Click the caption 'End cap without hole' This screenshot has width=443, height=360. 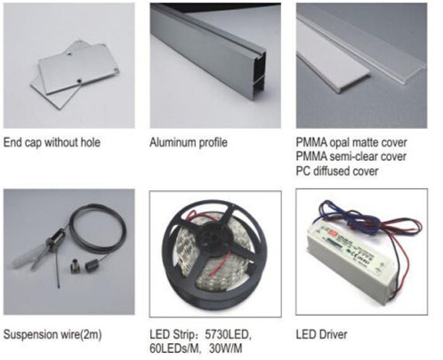pyautogui.click(x=52, y=142)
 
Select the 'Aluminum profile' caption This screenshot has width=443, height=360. pyautogui.click(x=189, y=142)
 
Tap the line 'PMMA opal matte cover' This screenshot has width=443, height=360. pyautogui.click(x=351, y=142)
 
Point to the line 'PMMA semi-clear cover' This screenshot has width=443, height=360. pyautogui.click(x=351, y=156)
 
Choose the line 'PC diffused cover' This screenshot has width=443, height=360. pyautogui.click(x=337, y=171)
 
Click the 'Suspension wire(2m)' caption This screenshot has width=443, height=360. pyautogui.click(x=52, y=334)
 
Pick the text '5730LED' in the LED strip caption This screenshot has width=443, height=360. pyautogui.click(x=228, y=334)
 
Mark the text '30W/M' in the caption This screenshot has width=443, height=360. pyautogui.click(x=225, y=348)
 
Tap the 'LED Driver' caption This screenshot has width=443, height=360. pyautogui.click(x=321, y=334)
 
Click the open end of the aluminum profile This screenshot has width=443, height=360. pyautogui.click(x=259, y=73)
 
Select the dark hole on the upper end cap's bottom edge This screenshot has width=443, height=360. pyautogui.click(x=78, y=81)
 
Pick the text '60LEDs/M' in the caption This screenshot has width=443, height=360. pyautogui.click(x=173, y=348)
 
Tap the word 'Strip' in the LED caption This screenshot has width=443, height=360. pyautogui.click(x=183, y=335)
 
